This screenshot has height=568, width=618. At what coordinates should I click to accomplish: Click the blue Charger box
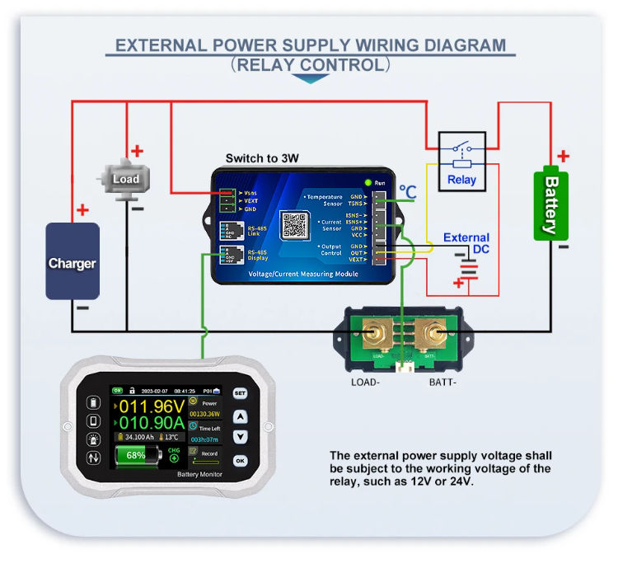pyautogui.click(x=73, y=261)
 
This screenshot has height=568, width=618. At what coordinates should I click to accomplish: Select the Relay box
pyautogui.click(x=461, y=161)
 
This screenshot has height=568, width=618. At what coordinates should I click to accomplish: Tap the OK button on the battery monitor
pyautogui.click(x=240, y=461)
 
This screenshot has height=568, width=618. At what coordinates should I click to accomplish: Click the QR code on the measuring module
pyautogui.click(x=294, y=224)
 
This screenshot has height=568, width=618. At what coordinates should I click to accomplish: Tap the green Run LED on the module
pyautogui.click(x=368, y=181)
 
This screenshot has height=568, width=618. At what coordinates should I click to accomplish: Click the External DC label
pyautogui.click(x=466, y=243)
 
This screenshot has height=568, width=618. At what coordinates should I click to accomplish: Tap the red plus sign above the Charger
pyautogui.click(x=82, y=210)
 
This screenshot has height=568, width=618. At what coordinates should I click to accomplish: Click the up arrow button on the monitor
pyautogui.click(x=240, y=417)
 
